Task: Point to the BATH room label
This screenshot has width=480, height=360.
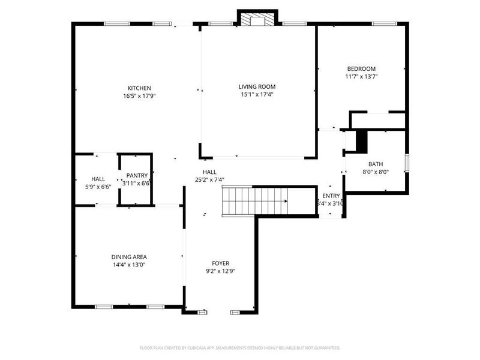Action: (376, 164)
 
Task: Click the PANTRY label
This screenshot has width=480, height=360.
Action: (137, 176)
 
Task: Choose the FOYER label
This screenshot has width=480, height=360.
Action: (220, 263)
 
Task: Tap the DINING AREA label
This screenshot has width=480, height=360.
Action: (128, 257)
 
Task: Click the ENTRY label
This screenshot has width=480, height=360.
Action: (331, 196)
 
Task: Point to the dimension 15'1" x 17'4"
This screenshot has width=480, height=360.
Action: (257, 94)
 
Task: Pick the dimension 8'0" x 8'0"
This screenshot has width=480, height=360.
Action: (376, 172)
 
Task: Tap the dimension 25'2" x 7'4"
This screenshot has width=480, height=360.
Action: (209, 179)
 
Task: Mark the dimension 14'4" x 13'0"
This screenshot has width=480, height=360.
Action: (128, 265)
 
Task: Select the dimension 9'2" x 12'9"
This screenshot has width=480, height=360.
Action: (220, 271)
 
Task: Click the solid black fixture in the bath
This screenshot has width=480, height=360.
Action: (362, 141)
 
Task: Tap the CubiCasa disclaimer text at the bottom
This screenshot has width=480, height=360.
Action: (240, 347)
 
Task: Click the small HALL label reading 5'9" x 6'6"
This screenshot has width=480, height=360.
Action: (98, 183)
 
